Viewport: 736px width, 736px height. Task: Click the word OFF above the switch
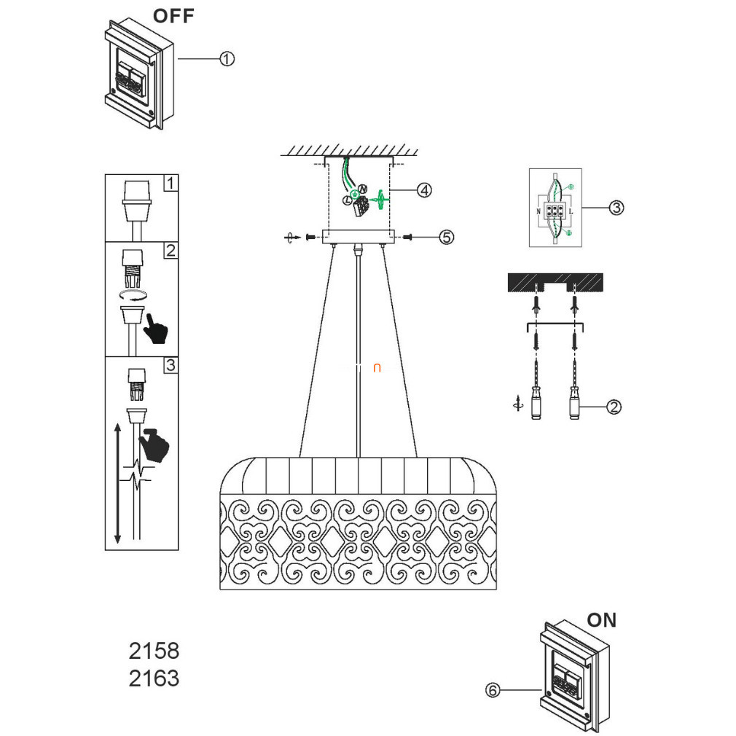pos(173,16)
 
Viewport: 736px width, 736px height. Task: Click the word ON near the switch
pos(601,620)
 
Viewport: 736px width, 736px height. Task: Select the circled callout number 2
pos(614,407)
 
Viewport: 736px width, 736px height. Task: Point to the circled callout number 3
pos(616,208)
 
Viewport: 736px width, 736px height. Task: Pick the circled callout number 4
pos(424,190)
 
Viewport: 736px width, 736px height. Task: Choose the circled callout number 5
pos(446,237)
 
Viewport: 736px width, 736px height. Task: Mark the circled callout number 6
pos(493,690)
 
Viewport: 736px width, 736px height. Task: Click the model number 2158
pos(154,650)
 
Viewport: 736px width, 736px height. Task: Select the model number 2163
pos(154,678)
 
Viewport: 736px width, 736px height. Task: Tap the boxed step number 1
pos(170,183)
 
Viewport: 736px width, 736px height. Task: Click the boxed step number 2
pos(170,251)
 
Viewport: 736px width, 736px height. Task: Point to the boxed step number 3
pos(170,365)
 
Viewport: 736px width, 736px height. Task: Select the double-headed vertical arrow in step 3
pos(117,485)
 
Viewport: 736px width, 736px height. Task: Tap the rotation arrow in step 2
pos(133,294)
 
